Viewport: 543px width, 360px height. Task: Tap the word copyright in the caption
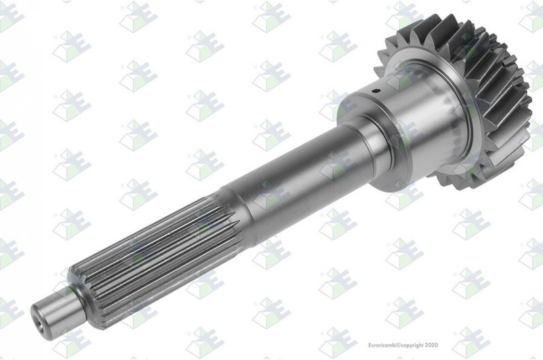(412, 346)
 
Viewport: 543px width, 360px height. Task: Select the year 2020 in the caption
(431, 345)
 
